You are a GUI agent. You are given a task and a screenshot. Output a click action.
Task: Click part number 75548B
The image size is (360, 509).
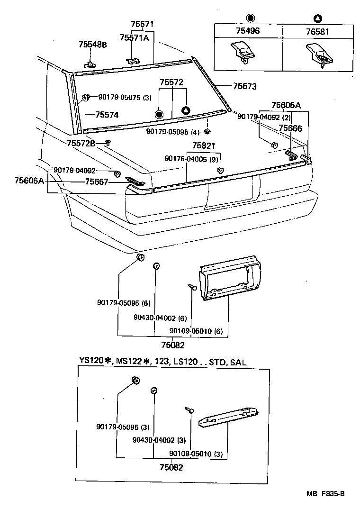click(x=92, y=45)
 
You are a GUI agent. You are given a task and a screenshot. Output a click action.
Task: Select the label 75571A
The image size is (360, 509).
click(x=135, y=38)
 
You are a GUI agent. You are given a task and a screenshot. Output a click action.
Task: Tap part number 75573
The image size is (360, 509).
click(x=244, y=86)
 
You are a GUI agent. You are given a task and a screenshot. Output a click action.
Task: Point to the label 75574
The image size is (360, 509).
click(x=107, y=115)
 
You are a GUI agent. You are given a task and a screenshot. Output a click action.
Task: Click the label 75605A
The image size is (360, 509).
click(x=286, y=105)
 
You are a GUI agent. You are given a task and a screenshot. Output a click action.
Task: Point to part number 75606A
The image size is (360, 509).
click(x=29, y=181)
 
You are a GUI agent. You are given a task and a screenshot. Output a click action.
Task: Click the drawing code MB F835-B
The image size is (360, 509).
click(x=325, y=494)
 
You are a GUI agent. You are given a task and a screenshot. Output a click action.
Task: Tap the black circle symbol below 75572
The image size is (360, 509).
click(x=159, y=114)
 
